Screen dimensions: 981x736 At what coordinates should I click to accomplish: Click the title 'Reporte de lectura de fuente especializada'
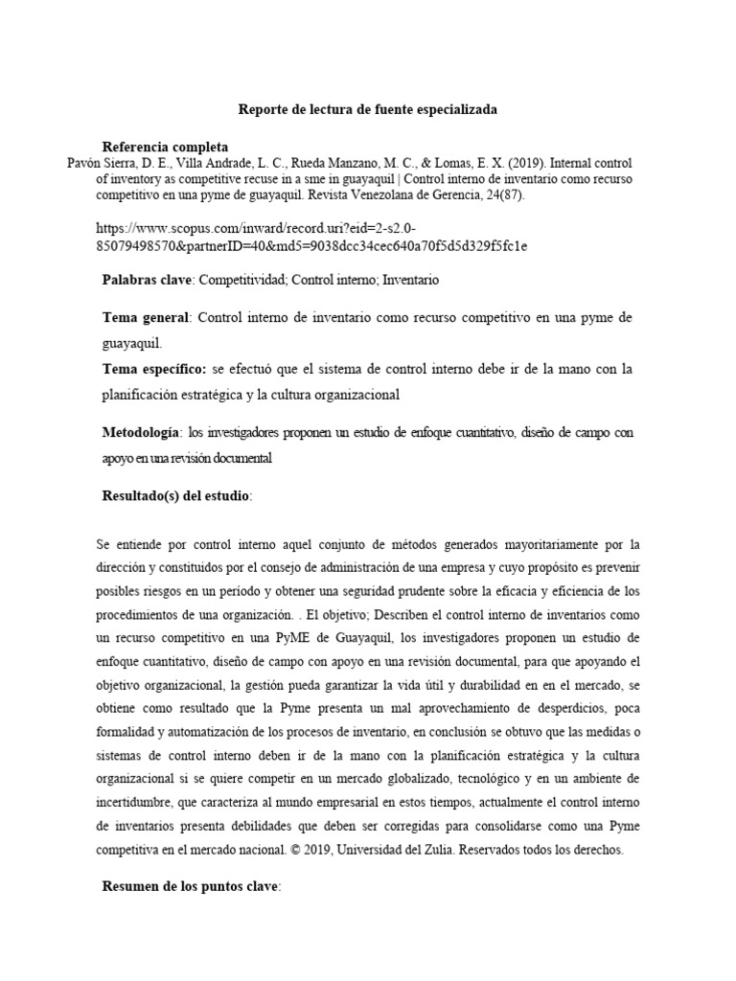pyautogui.click(x=367, y=110)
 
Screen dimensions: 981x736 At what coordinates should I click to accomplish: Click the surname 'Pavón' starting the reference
pyautogui.click(x=83, y=164)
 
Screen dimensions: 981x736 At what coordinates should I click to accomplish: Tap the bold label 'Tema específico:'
pyautogui.click(x=155, y=369)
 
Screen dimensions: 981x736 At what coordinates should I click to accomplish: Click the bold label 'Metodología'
pyautogui.click(x=141, y=433)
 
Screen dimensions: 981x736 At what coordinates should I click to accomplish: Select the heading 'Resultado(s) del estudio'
pyautogui.click(x=176, y=496)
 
